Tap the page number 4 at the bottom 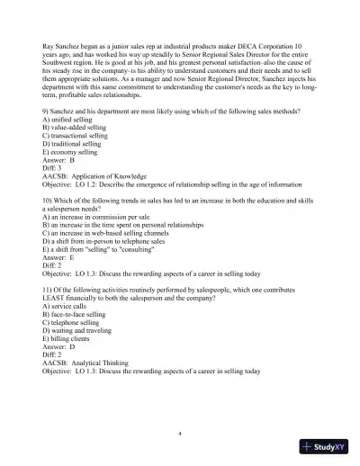(x=180, y=434)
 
